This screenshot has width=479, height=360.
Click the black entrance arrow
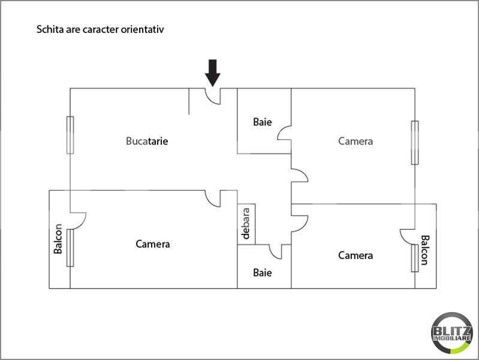213,73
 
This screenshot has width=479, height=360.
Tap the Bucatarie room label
147,142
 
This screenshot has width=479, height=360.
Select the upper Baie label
262,122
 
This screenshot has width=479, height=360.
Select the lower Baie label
262,272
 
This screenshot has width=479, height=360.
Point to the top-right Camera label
356,142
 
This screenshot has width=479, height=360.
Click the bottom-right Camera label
356,256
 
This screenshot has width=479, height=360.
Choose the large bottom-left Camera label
153,244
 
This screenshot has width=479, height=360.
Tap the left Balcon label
58,239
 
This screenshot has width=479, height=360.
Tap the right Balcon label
424,250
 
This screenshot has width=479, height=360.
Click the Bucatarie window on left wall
70,135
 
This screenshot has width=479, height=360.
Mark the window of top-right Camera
414,142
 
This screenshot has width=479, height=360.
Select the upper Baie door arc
284,133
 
